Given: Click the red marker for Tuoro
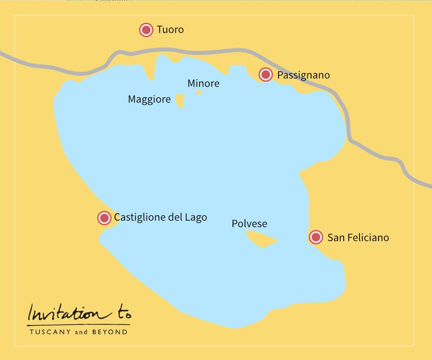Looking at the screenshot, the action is [x=146, y=30].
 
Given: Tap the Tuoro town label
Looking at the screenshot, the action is [x=170, y=30].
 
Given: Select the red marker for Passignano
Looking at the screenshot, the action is [x=266, y=74].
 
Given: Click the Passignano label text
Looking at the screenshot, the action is [x=303, y=75].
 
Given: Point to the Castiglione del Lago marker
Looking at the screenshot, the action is [x=104, y=218].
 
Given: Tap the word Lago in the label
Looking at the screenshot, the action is [x=196, y=217].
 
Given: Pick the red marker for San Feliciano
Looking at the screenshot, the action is [x=316, y=237].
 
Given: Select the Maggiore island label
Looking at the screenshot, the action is [x=149, y=99].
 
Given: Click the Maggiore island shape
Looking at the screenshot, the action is [x=180, y=100].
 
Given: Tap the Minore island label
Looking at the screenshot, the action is [x=203, y=84].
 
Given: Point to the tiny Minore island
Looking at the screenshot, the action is [x=199, y=92].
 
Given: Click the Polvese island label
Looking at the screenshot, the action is [x=249, y=223].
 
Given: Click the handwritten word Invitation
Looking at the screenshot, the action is [x=63, y=314].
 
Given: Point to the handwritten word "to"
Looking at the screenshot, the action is [x=119, y=314].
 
